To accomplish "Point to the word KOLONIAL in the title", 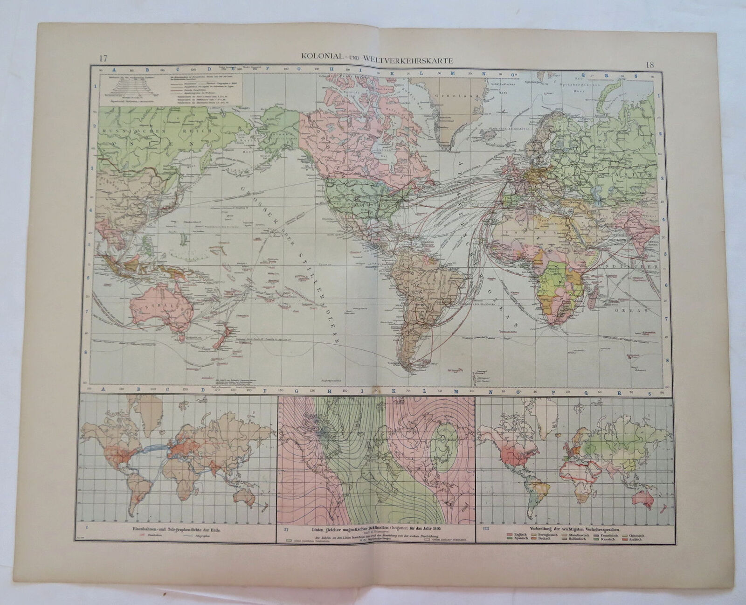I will pyautogui.click(x=320, y=59).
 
